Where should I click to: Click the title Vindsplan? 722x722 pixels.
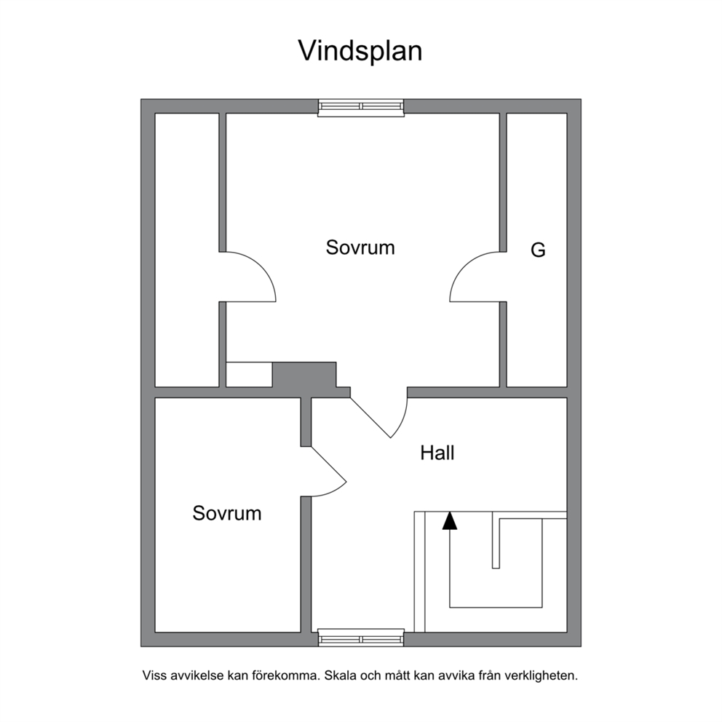pos(360,52)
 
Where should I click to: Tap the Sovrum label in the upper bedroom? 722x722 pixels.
pos(360,247)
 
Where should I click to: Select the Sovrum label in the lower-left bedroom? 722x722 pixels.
pos(227,513)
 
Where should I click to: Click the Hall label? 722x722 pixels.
pos(437,453)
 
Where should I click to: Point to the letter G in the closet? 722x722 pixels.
pos(539,250)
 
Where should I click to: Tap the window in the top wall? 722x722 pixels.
pos(361,107)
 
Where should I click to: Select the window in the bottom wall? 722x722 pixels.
pos(361,638)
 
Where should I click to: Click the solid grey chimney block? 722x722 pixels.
pos(305,375)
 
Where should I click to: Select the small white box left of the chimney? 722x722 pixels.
pos(249,375)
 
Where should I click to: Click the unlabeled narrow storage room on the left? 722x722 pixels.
pos(186,250)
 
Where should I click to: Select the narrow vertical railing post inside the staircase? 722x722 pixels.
pos(496,539)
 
